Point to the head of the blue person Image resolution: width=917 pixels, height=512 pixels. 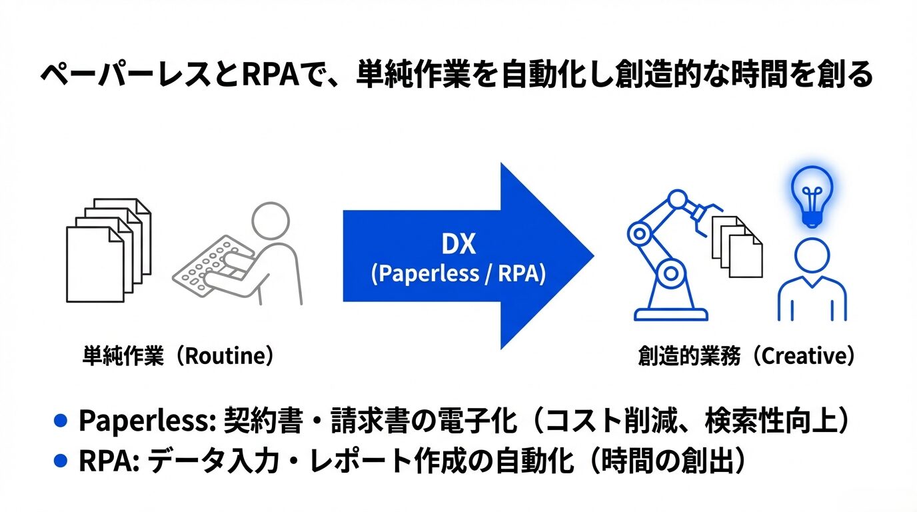pos(812,256)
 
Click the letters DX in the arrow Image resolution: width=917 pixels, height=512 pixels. pos(458,245)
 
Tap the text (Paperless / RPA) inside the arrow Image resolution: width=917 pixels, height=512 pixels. pos(458,274)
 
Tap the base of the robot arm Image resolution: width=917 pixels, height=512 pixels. pos(670,314)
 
